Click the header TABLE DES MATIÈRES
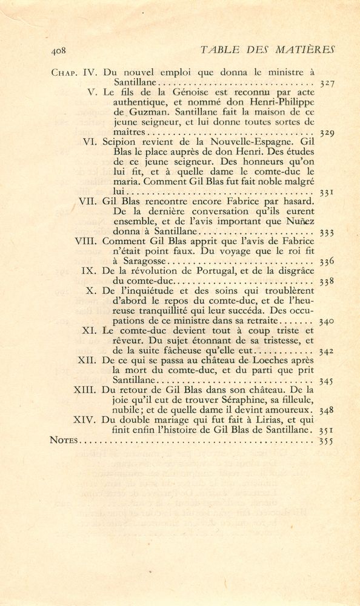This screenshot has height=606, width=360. pos(267,49)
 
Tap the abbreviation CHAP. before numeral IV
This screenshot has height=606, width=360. pos(65,72)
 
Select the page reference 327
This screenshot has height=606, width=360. pos(327,82)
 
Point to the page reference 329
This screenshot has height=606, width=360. pos(327,132)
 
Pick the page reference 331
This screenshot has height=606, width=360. pos(327,193)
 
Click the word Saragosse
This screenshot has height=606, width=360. pos(142,262)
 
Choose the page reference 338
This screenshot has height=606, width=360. pos(327,281)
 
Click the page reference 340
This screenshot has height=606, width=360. pos(327,321)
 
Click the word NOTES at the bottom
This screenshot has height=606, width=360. pos(64,441)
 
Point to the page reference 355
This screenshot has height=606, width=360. pos(327,441)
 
